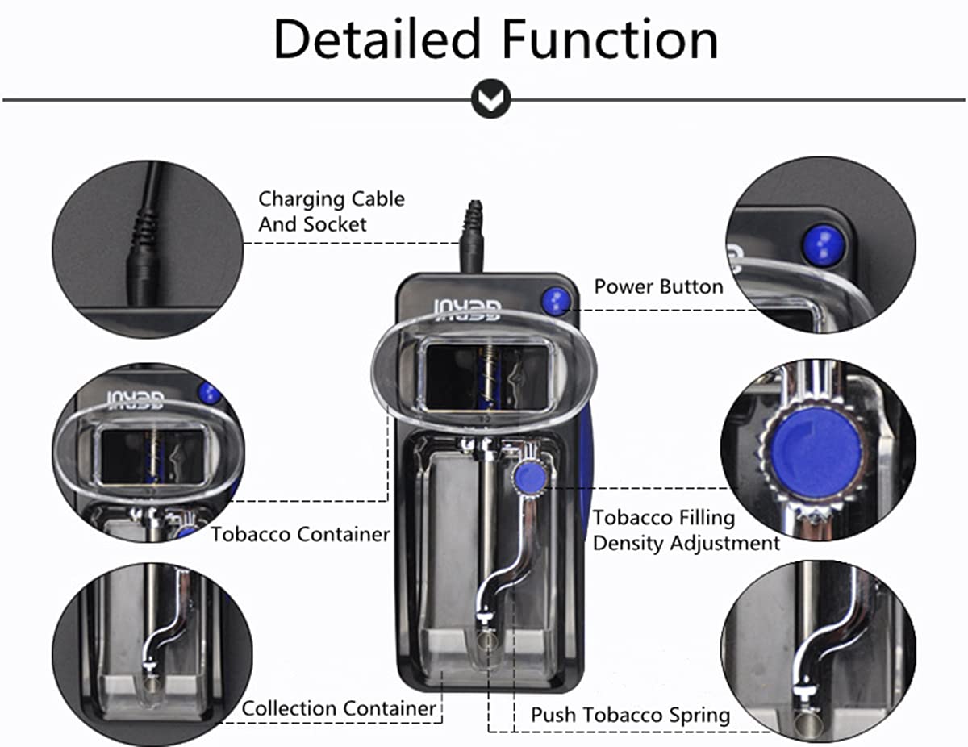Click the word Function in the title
(x=611, y=40)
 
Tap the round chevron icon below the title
(x=490, y=99)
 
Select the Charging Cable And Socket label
(x=331, y=211)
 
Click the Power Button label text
(x=658, y=287)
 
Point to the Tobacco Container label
(x=300, y=534)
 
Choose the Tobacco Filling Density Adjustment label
(x=686, y=530)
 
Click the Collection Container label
(x=339, y=709)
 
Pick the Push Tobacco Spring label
(x=629, y=715)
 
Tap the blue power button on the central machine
(x=556, y=301)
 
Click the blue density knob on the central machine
(x=528, y=476)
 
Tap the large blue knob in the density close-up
(x=816, y=452)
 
